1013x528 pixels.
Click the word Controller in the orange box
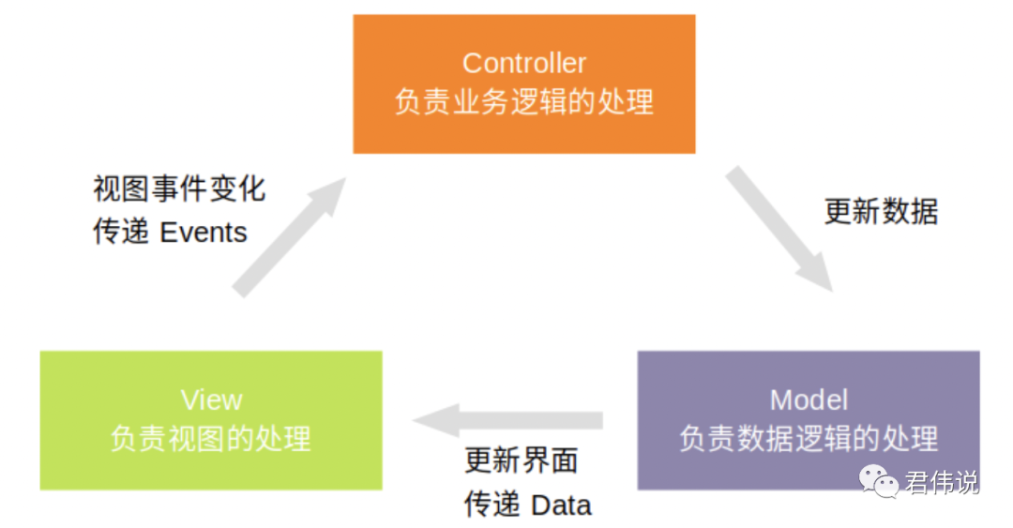(x=523, y=64)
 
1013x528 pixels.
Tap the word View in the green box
(x=211, y=400)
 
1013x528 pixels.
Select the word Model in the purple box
(x=809, y=400)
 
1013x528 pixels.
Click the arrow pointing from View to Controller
(x=286, y=239)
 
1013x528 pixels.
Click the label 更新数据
(x=881, y=211)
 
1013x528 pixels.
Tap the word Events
(x=204, y=233)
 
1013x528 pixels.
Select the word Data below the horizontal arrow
(x=561, y=505)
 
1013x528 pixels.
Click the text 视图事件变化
(x=179, y=189)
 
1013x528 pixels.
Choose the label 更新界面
(x=522, y=460)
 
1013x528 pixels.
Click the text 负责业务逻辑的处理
(x=523, y=101)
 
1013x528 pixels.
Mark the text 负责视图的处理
(x=211, y=438)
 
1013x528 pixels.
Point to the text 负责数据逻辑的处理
(x=809, y=438)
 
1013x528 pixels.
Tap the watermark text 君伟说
(x=942, y=483)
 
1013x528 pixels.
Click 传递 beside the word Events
(x=121, y=233)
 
